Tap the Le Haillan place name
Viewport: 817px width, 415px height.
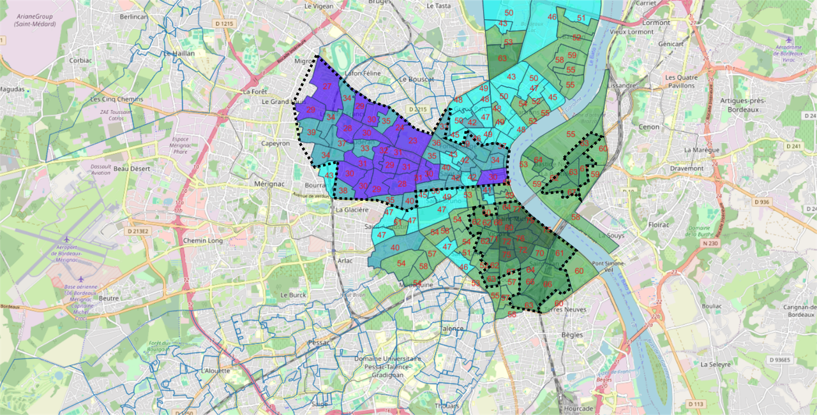click(179, 54)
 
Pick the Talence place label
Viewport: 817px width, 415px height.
click(452, 329)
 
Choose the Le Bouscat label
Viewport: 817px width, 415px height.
click(416, 79)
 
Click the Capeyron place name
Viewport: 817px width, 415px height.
click(276, 143)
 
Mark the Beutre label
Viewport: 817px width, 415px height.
click(109, 298)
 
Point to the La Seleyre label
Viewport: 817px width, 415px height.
click(715, 365)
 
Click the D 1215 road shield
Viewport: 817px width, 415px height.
click(224, 24)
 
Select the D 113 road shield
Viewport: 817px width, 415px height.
click(697, 404)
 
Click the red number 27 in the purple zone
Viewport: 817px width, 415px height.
click(327, 87)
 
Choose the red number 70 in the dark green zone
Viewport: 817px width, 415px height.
click(539, 253)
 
